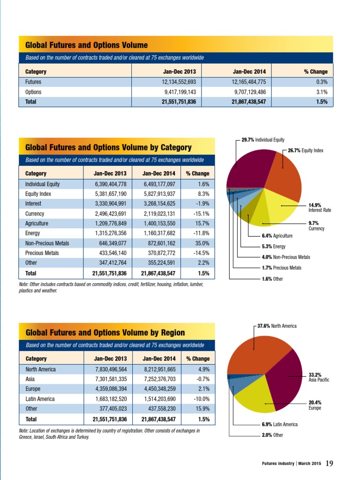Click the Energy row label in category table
(32, 233)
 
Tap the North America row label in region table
(40, 369)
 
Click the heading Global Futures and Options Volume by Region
(105, 333)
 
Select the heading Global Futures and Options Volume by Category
(108, 148)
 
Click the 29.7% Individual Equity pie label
(262, 140)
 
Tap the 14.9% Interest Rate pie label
(320, 208)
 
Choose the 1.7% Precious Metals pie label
(281, 268)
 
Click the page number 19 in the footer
(329, 463)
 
